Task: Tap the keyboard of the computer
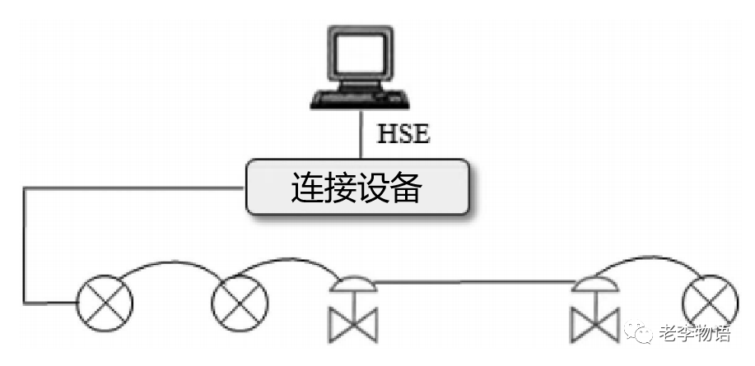click(x=360, y=99)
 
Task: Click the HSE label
click(x=403, y=133)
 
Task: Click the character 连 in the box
click(x=307, y=188)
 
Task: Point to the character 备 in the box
click(x=406, y=188)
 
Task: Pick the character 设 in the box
click(x=373, y=188)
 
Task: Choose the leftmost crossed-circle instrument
click(x=104, y=304)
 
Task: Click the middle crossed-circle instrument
click(x=240, y=303)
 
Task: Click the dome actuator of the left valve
click(x=353, y=284)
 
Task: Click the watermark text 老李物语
click(x=694, y=334)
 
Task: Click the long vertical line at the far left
click(x=24, y=247)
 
